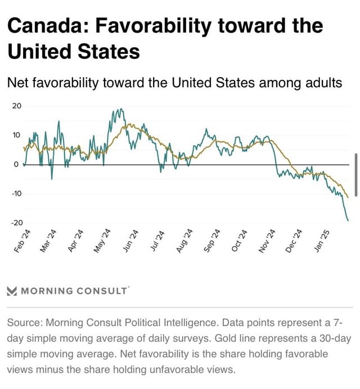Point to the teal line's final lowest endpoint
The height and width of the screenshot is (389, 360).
pyautogui.click(x=348, y=220)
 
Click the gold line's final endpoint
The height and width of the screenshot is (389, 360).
pyautogui.click(x=349, y=197)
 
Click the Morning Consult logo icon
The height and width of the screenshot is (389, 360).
pyautogui.click(x=12, y=291)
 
